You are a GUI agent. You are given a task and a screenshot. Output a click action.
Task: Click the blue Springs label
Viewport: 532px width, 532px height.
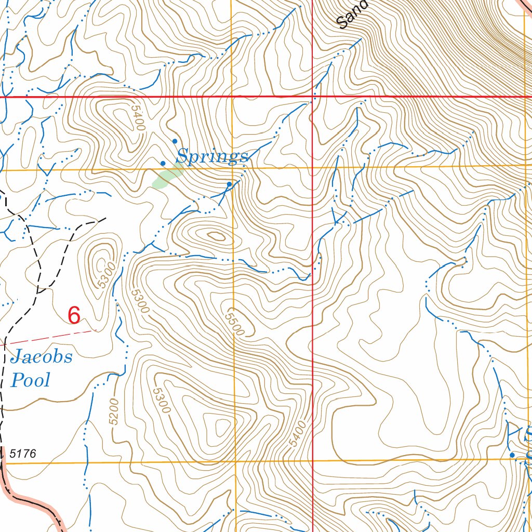(212, 156)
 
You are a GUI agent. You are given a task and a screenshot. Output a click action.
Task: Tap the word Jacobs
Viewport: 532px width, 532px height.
(41, 357)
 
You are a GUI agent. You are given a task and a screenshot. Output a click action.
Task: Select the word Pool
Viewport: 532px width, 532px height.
(31, 380)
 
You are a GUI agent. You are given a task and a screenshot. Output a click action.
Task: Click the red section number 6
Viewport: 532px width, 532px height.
(74, 315)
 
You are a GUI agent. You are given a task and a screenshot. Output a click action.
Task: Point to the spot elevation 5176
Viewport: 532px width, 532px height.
(23, 454)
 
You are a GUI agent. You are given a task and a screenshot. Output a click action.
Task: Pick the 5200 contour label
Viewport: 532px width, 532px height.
(114, 411)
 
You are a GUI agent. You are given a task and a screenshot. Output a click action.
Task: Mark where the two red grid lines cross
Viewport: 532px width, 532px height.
(312, 97)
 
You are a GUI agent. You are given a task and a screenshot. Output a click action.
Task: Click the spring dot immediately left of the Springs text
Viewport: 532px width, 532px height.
(163, 163)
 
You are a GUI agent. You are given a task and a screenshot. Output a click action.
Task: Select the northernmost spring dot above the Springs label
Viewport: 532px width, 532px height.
(175, 141)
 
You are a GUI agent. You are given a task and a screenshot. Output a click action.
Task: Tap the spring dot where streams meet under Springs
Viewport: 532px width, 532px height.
(229, 184)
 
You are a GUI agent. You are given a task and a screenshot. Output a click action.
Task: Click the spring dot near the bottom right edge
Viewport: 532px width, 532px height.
(512, 455)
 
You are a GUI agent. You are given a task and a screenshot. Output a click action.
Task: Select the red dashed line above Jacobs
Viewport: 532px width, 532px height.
(49, 337)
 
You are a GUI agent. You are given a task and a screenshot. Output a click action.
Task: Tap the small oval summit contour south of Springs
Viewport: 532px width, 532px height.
(216, 236)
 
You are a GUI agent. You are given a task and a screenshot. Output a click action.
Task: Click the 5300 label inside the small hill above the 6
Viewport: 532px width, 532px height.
(106, 275)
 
